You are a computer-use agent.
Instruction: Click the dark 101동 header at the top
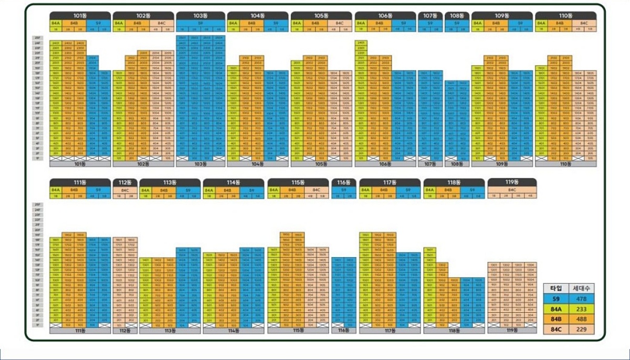tap(80, 16)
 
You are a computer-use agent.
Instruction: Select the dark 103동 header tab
tap(201, 16)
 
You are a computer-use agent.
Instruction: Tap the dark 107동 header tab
tap(430, 16)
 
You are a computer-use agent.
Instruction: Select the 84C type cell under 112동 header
tap(124, 189)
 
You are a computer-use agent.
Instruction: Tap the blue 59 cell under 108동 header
tap(457, 24)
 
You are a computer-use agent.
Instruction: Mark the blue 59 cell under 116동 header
tap(343, 189)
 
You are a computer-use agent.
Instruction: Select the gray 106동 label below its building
tap(385, 164)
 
